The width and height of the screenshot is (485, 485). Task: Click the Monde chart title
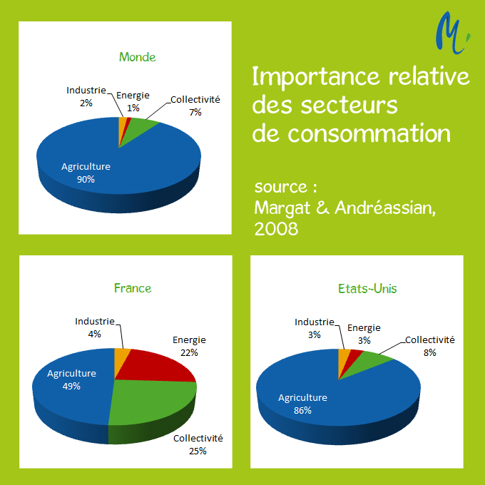coord(137,57)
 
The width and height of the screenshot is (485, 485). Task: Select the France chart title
coord(133,288)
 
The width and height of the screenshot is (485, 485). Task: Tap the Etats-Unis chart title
coord(367,289)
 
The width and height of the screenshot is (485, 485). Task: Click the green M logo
coord(451,34)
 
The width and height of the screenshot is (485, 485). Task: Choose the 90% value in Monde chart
coord(86,179)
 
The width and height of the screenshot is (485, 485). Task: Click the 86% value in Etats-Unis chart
coord(302,410)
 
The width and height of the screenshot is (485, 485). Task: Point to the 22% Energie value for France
coord(189,352)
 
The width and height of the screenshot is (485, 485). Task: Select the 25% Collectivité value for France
coord(198,450)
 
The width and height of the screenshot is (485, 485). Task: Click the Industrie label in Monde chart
coord(86,91)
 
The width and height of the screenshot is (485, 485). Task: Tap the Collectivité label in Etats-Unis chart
coord(429,340)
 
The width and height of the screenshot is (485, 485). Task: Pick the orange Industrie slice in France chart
coord(122,354)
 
